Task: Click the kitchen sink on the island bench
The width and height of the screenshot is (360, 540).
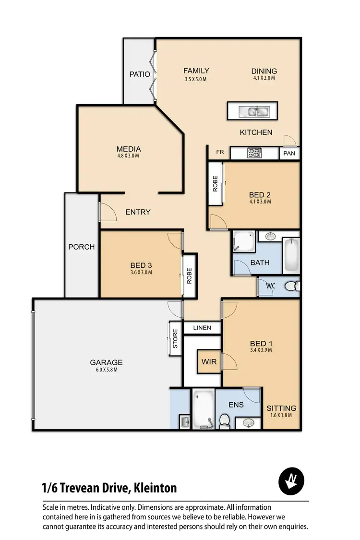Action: pyautogui.click(x=255, y=112)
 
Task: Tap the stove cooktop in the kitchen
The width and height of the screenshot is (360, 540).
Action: pyautogui.click(x=254, y=153)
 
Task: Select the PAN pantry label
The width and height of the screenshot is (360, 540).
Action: pyautogui.click(x=289, y=154)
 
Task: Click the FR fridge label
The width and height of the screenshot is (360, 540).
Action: pyautogui.click(x=220, y=152)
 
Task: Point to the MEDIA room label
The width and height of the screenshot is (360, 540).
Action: pyautogui.click(x=129, y=149)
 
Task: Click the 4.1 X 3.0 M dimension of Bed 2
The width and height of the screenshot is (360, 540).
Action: pyautogui.click(x=260, y=202)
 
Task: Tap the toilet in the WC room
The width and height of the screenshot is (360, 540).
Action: pyautogui.click(x=290, y=287)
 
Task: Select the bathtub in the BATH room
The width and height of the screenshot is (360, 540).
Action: pyautogui.click(x=291, y=256)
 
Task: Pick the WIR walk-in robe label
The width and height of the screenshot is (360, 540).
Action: pyautogui.click(x=209, y=362)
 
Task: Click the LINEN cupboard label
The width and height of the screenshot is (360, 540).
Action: pyautogui.click(x=202, y=328)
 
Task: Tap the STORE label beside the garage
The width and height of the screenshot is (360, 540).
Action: pyautogui.click(x=175, y=339)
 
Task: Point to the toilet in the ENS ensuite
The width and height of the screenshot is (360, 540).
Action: pyautogui.click(x=224, y=421)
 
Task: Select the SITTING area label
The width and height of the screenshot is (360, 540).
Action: pyautogui.click(x=281, y=408)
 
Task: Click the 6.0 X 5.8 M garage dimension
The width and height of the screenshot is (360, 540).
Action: pyautogui.click(x=106, y=370)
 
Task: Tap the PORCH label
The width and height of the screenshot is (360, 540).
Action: pyautogui.click(x=81, y=247)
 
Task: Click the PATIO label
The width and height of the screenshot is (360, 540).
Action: pyautogui.click(x=140, y=74)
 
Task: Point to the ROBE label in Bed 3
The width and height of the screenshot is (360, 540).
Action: pyautogui.click(x=189, y=275)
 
